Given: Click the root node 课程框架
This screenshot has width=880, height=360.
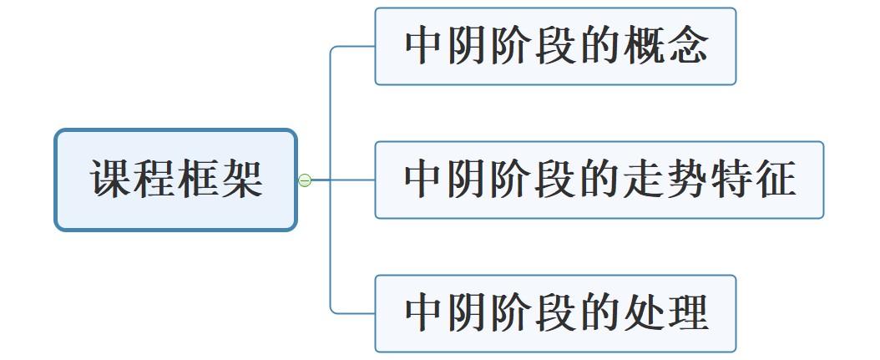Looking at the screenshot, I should [176, 180].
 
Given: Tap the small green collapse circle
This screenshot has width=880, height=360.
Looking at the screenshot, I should [305, 180].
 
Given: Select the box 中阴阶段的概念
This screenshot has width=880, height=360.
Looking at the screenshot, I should [555, 47].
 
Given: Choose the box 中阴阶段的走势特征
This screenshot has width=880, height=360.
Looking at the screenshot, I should [599, 180].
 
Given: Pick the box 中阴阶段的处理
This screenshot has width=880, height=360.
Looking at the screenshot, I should [555, 313].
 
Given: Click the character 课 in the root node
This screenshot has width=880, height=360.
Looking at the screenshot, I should [111, 180].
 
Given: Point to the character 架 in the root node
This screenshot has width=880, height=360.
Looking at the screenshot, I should [242, 180].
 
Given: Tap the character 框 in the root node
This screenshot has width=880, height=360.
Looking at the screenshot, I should [199, 180].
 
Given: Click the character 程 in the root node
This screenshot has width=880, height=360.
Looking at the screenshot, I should [154, 180].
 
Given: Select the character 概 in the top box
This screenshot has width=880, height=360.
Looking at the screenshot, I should [644, 47].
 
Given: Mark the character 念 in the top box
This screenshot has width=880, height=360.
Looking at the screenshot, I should [687, 47].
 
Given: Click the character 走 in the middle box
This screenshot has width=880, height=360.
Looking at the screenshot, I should [644, 180].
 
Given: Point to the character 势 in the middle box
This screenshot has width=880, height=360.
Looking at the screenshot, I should [687, 180].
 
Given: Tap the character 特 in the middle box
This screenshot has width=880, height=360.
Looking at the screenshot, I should [731, 180].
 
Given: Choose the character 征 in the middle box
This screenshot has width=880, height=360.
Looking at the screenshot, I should [775, 180].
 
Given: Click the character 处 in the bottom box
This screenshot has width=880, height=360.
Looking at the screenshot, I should [644, 313].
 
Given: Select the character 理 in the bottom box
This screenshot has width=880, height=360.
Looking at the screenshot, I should [687, 313].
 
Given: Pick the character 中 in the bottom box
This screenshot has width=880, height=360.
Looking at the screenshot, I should [425, 313].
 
